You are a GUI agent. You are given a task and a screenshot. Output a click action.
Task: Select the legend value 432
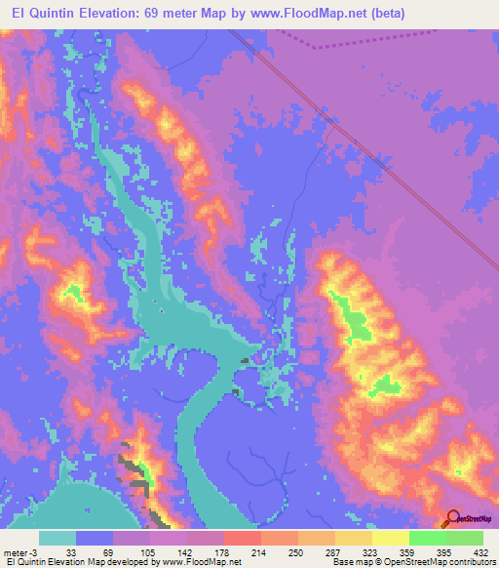coord(481,551)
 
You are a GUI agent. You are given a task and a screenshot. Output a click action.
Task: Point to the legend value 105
coord(149,551)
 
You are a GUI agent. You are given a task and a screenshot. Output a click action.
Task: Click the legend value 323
coord(370,551)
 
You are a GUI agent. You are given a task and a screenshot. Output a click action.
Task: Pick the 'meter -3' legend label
coord(19,551)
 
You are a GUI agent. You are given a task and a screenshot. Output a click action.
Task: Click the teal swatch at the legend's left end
coord(58,538)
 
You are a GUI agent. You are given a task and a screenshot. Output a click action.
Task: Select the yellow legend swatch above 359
coord(391,538)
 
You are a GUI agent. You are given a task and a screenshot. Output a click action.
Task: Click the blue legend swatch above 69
coord(95,538)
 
